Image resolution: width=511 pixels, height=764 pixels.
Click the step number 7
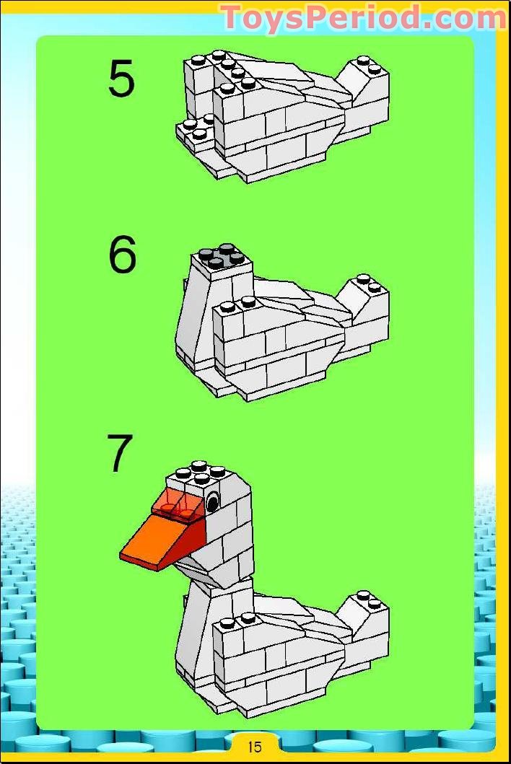coord(120,453)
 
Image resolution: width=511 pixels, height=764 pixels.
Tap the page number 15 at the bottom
coord(255,747)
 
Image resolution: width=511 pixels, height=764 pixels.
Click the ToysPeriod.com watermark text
coord(363,17)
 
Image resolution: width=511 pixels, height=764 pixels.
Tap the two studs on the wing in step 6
coord(237,304)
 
